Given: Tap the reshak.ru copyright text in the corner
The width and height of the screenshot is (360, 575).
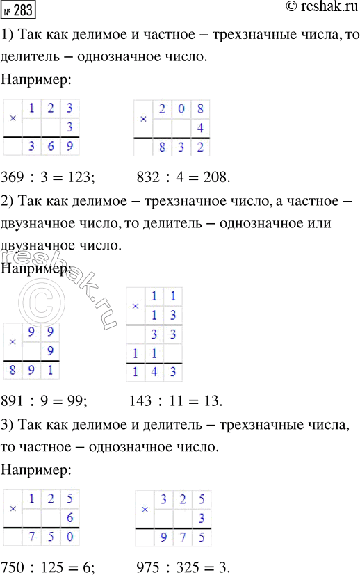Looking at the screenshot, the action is (320, 9).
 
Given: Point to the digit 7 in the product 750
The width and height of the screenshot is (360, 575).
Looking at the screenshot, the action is (32, 537).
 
